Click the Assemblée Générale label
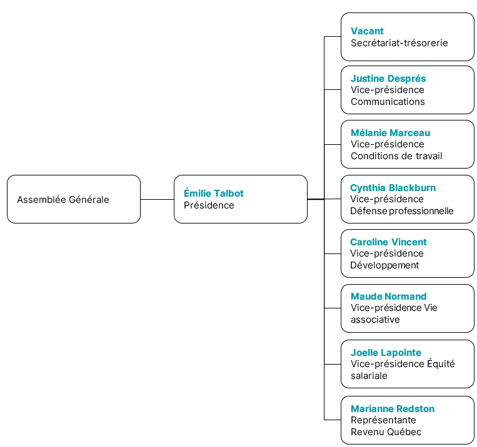(x=63, y=200)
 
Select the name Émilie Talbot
(x=214, y=193)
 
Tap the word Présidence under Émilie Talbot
(x=209, y=205)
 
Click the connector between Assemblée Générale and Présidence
(x=158, y=199)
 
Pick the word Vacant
(x=367, y=31)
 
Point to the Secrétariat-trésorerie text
(x=399, y=43)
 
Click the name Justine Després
(x=388, y=79)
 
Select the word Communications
(x=388, y=102)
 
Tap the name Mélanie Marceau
(x=390, y=133)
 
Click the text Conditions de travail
(x=396, y=156)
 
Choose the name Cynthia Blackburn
(x=393, y=188)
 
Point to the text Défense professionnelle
(x=401, y=211)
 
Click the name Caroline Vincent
(x=388, y=242)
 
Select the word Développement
(x=384, y=265)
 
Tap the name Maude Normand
(x=388, y=297)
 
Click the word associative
(x=375, y=320)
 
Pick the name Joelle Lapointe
(x=386, y=353)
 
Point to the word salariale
(x=369, y=376)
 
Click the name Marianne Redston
(x=393, y=409)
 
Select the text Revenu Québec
(x=386, y=432)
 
